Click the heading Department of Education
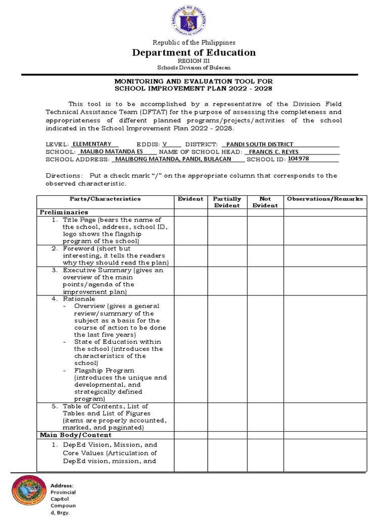(x=194, y=53)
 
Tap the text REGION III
(x=194, y=61)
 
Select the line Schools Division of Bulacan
(x=194, y=68)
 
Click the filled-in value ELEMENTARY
(x=92, y=144)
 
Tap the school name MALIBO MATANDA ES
(x=112, y=151)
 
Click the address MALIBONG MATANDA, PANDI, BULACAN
(x=173, y=159)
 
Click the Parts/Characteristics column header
(x=105, y=199)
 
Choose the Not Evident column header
(x=265, y=202)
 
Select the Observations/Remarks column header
(x=325, y=199)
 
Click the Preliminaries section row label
(x=64, y=212)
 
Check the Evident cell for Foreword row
(x=190, y=255)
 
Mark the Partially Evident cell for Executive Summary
(x=227, y=281)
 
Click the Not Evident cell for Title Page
(x=265, y=230)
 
